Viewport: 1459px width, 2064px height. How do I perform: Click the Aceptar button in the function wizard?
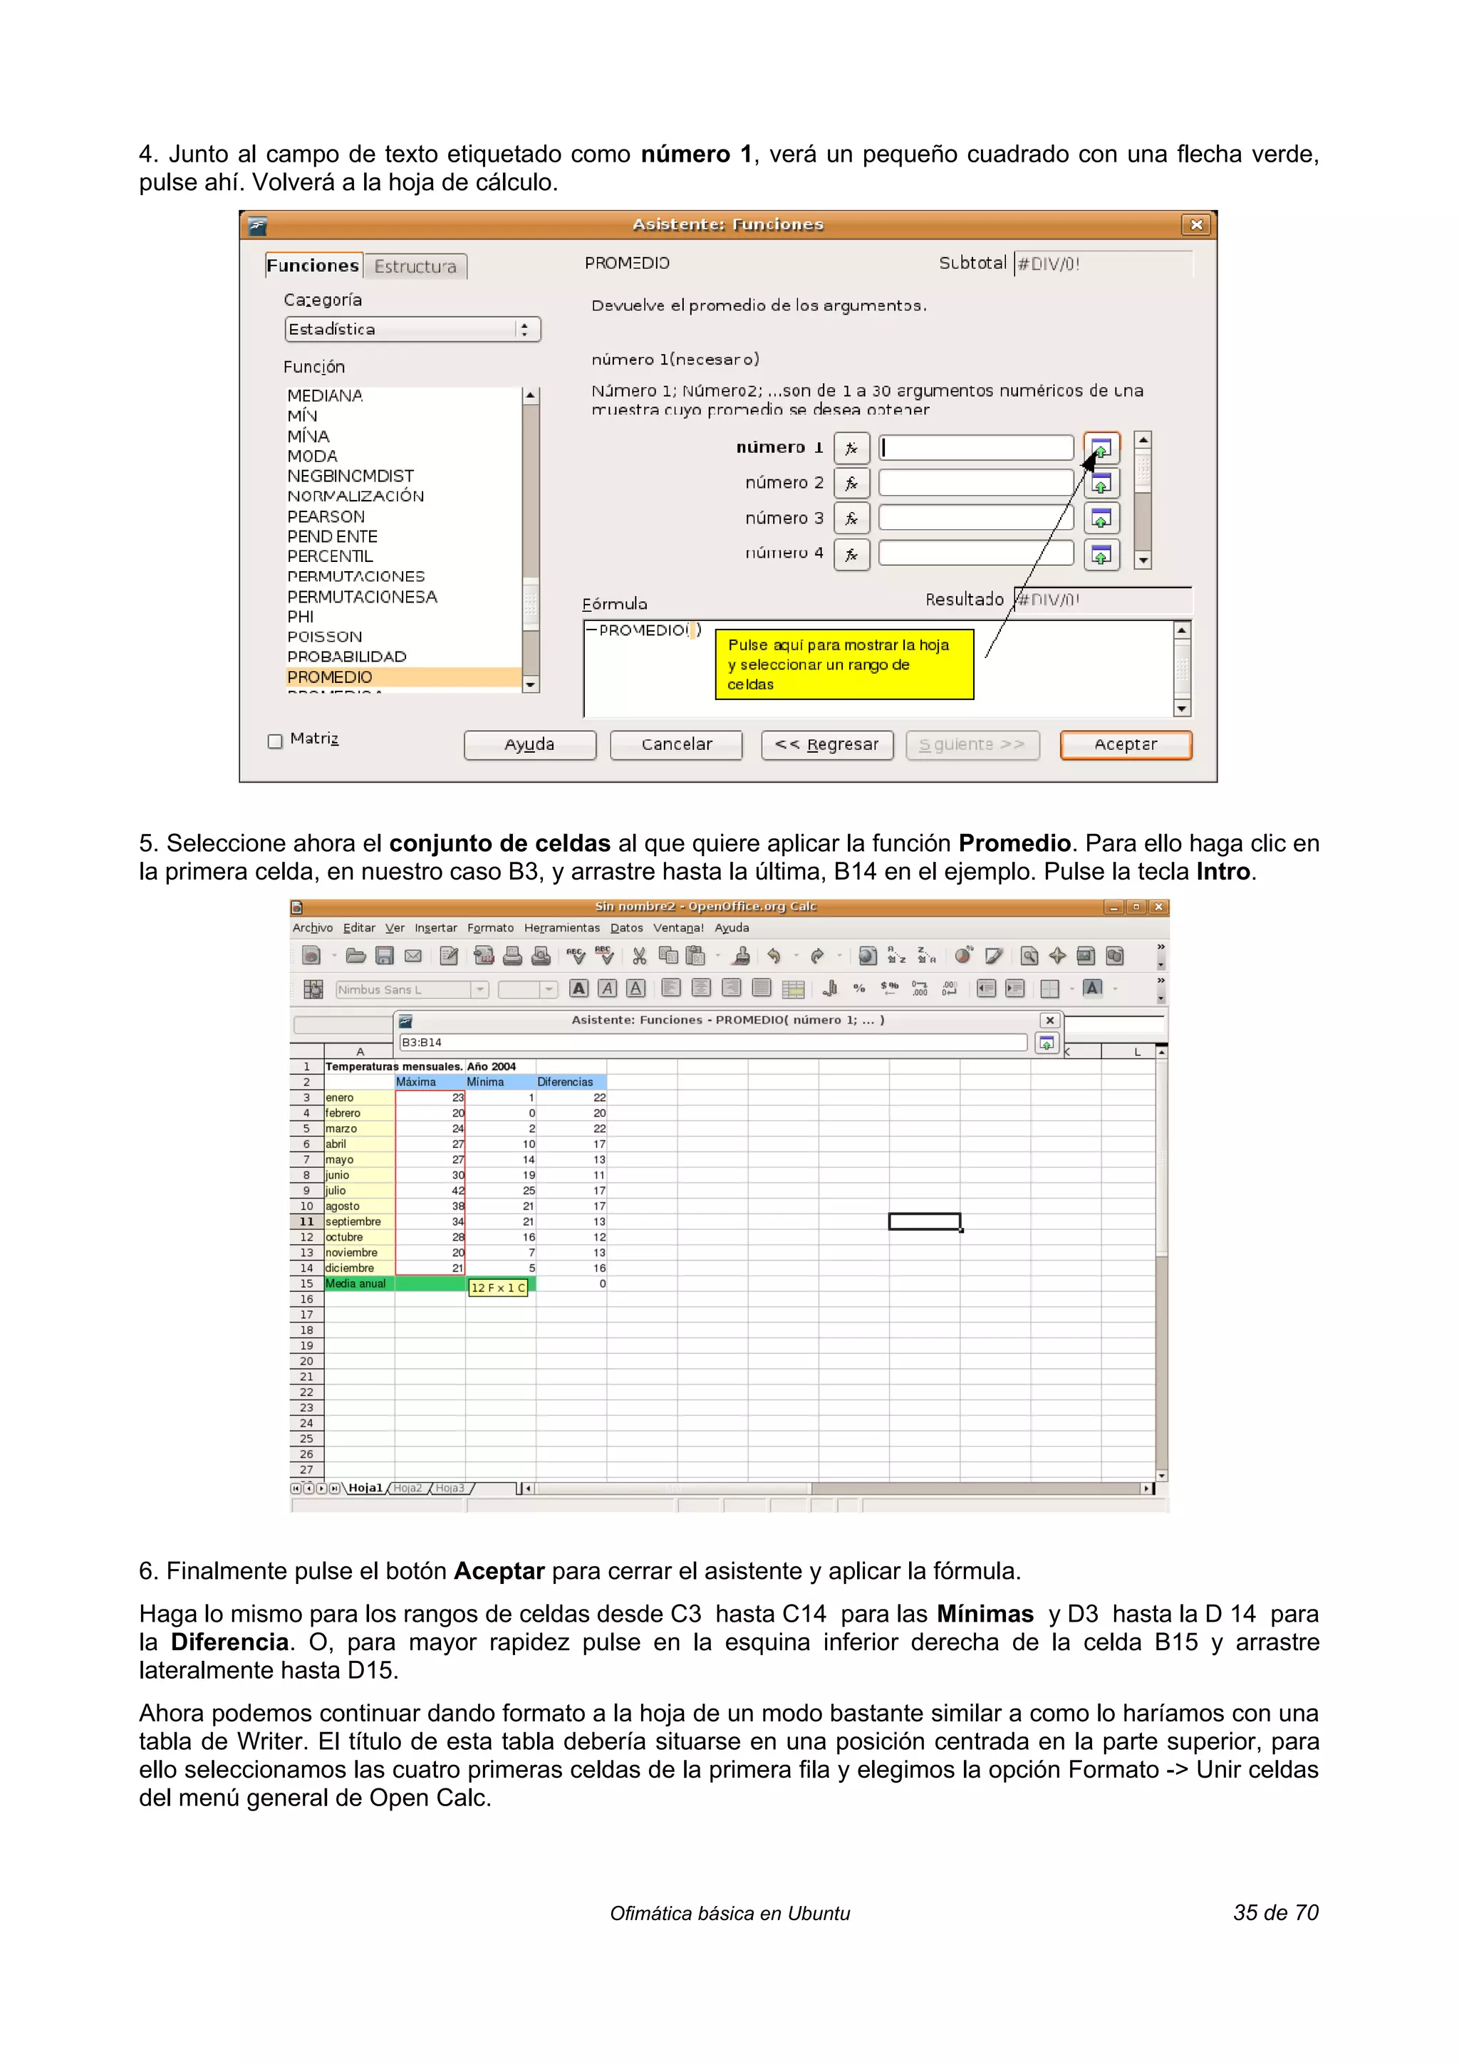point(1126,744)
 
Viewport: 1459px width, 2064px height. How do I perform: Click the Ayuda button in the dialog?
point(529,744)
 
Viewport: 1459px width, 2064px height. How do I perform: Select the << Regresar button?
point(826,744)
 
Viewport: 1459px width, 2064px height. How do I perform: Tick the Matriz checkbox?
point(275,741)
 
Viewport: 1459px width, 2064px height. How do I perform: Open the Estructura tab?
point(415,266)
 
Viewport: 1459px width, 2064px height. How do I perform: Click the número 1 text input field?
point(976,448)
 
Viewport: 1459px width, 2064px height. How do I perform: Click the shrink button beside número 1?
point(1101,448)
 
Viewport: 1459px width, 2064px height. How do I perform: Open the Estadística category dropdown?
point(412,329)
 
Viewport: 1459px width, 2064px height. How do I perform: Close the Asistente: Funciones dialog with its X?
point(1195,225)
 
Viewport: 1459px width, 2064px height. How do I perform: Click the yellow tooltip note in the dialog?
point(844,664)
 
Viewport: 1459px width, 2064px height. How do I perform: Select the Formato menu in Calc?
point(490,928)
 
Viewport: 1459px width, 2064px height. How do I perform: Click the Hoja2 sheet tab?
point(407,1488)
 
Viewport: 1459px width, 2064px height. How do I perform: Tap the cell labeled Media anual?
point(358,1283)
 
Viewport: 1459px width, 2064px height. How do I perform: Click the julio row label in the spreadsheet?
point(358,1190)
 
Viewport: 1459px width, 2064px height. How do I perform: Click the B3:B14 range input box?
point(711,1043)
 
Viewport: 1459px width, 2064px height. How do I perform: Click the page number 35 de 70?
point(1274,1913)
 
